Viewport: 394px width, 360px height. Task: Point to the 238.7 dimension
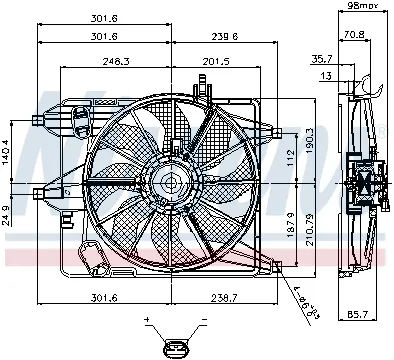222,297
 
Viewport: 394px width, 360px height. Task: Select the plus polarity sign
148,319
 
